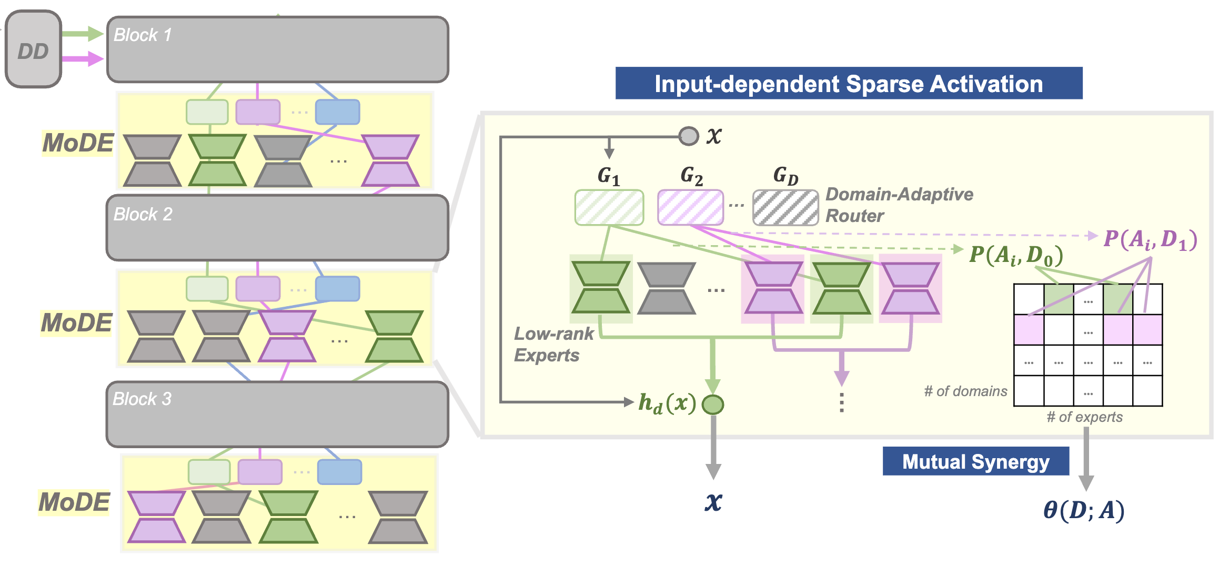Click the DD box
tap(33, 49)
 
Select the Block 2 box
tap(277, 228)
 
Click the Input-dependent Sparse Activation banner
tap(849, 84)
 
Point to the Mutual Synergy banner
tap(975, 461)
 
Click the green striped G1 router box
tap(609, 208)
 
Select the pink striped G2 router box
tap(690, 208)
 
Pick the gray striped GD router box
tap(785, 208)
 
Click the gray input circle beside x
tap(689, 136)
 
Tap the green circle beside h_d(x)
tap(713, 404)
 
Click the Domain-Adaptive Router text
tap(899, 205)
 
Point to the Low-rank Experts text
tap(553, 344)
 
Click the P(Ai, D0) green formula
tap(1016, 255)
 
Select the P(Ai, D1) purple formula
tap(1150, 239)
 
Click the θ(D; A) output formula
tap(1084, 510)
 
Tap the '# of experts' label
tap(1084, 417)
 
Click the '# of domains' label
tap(965, 391)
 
